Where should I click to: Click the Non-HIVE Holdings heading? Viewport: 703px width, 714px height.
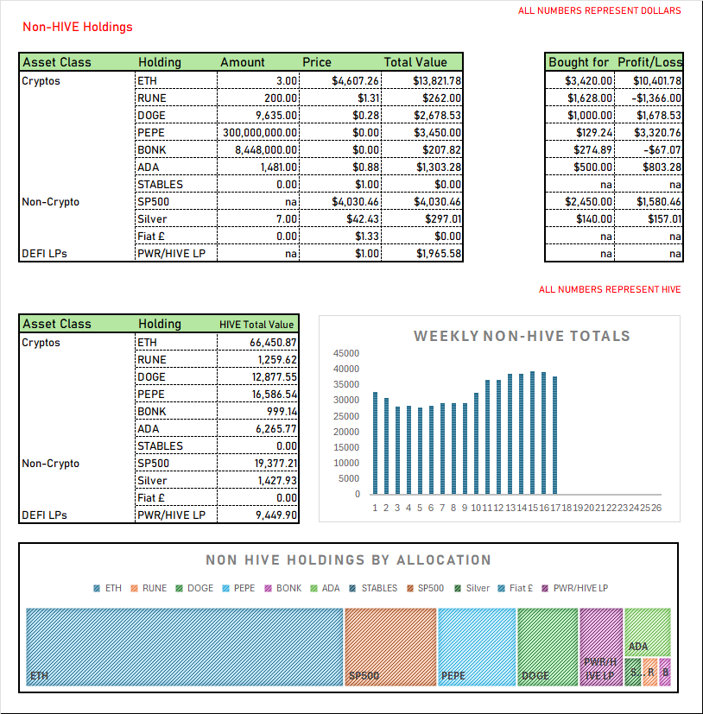click(78, 27)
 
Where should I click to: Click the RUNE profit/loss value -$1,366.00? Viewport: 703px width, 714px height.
click(657, 98)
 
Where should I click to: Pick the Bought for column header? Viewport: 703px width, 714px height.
click(579, 62)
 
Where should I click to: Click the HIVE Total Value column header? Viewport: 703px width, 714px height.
click(256, 325)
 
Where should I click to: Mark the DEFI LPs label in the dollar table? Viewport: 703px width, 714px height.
click(44, 254)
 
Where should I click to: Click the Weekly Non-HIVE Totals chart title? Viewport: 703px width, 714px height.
click(522, 337)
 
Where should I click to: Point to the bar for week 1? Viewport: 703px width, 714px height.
click(375, 443)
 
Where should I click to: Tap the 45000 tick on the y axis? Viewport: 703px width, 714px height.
click(345, 353)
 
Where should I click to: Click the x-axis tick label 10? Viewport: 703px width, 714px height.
click(476, 508)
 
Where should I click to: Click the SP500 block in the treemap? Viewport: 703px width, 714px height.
click(390, 648)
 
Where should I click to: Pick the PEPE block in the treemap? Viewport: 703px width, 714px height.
click(476, 648)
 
